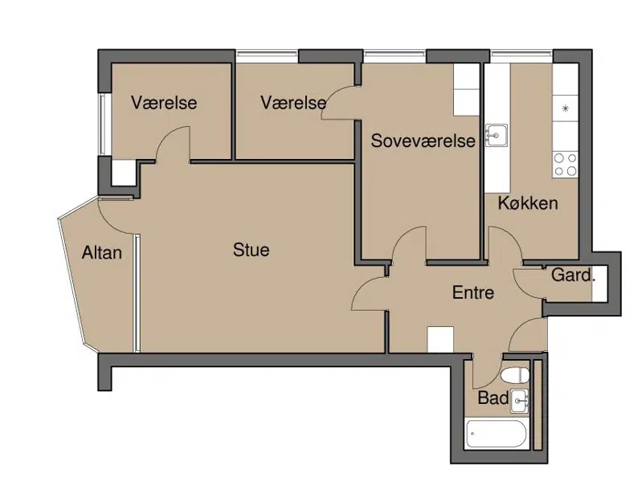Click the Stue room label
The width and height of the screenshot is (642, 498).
[x=251, y=250]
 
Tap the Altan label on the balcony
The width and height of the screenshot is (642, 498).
[x=101, y=252]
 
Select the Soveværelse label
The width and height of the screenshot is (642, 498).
[x=423, y=141]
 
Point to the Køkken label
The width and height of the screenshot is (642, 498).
[x=528, y=203]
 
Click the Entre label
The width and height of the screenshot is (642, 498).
[x=473, y=292]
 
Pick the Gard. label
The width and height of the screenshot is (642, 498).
[x=572, y=275]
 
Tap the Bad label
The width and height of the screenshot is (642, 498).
[x=493, y=398]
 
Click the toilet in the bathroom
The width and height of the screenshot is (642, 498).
[x=515, y=375]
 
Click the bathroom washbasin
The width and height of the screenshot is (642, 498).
[x=519, y=401]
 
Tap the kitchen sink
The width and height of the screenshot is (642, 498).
[x=497, y=135]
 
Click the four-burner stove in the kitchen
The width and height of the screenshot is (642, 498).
[x=565, y=164]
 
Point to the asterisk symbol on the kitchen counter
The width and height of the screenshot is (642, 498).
[x=565, y=108]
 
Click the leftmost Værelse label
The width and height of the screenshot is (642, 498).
[x=164, y=102]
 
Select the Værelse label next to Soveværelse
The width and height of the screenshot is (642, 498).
[x=293, y=102]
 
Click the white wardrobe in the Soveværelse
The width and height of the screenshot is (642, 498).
[x=466, y=90]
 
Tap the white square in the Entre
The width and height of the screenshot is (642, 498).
[x=440, y=339]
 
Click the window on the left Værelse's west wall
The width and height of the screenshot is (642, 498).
[x=104, y=124]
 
